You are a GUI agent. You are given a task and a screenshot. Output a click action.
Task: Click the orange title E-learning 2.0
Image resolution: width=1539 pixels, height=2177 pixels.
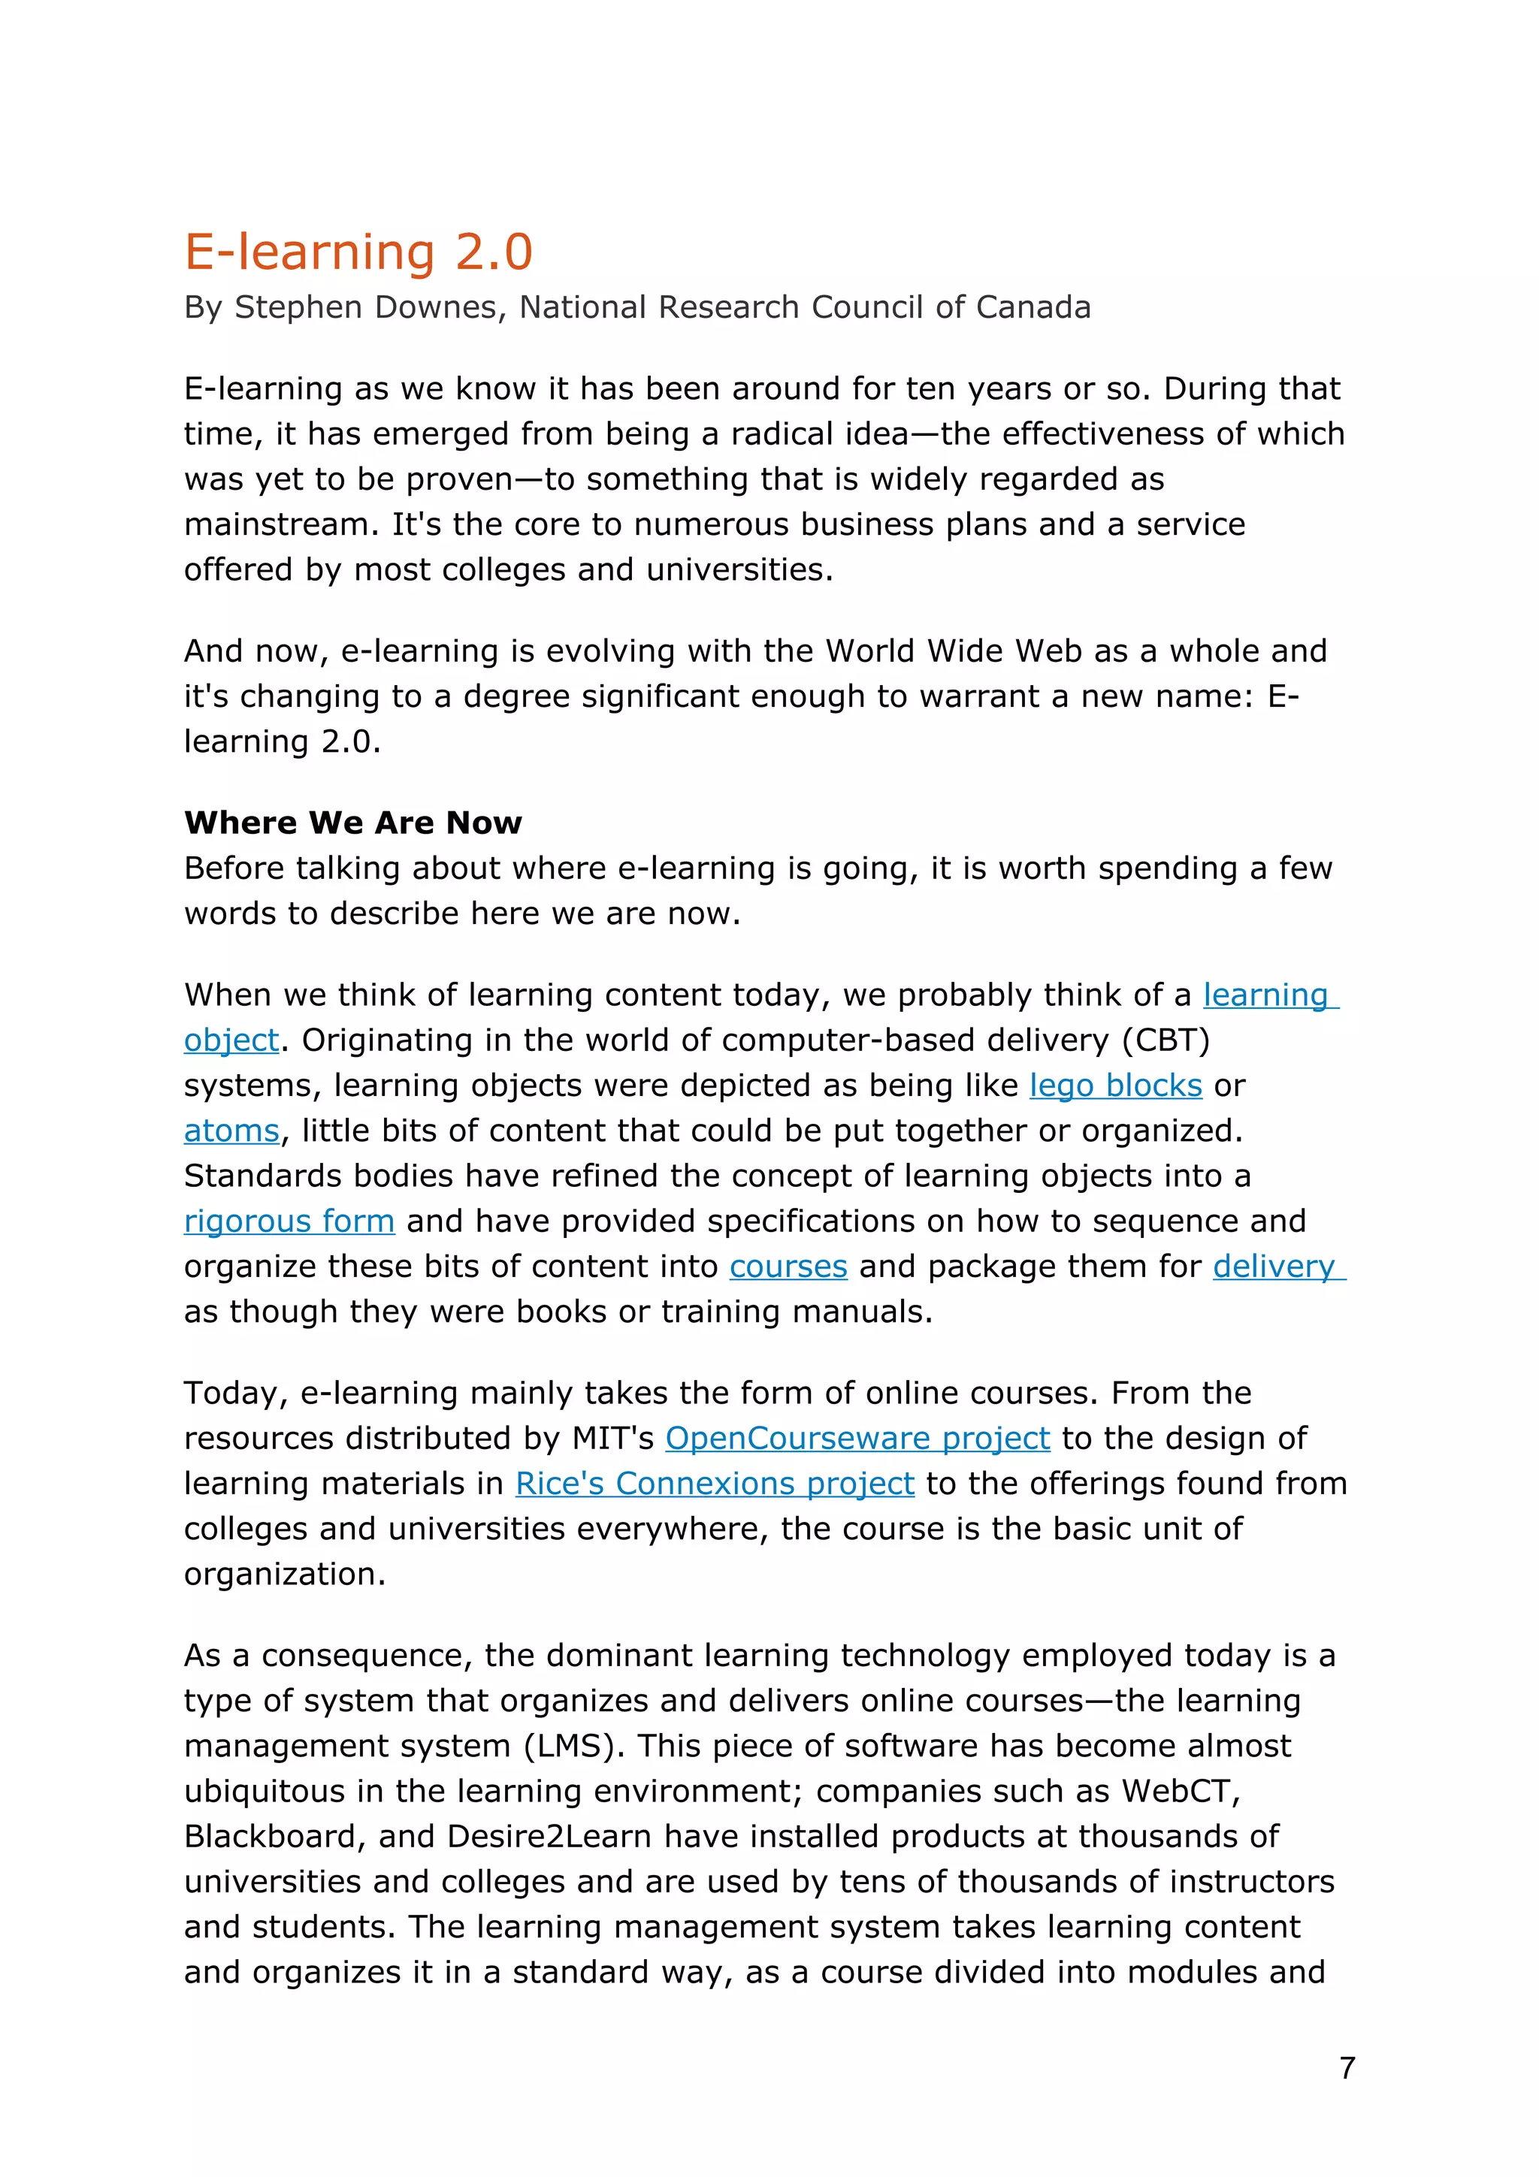(358, 252)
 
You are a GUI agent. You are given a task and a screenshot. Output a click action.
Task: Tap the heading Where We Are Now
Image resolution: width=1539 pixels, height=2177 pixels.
(352, 822)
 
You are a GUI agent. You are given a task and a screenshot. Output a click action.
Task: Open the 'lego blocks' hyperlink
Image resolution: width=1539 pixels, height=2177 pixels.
(1115, 1085)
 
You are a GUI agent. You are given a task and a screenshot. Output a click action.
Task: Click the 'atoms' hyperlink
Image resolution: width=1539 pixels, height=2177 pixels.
(231, 1131)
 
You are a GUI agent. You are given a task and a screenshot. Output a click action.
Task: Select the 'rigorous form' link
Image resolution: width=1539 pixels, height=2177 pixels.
(289, 1221)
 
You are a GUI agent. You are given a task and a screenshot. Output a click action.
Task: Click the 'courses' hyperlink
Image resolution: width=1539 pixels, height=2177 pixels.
(788, 1267)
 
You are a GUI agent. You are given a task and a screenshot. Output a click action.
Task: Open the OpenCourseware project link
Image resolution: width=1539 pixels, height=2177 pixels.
(857, 1439)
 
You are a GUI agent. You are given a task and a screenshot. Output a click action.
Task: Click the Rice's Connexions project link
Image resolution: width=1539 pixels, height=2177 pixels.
(714, 1484)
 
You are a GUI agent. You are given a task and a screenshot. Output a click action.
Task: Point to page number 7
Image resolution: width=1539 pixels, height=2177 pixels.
(1347, 2068)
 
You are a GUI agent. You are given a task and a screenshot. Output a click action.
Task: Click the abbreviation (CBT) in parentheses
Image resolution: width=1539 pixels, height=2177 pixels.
(1166, 1040)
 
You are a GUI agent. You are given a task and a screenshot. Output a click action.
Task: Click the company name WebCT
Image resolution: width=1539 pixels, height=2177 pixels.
(1181, 1791)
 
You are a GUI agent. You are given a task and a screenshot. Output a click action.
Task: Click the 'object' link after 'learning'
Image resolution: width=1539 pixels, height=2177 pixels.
(231, 1041)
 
